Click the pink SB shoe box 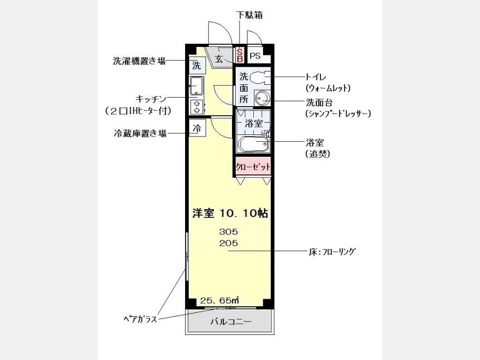click(x=239, y=55)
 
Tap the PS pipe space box click(x=256, y=55)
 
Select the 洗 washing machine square click(x=196, y=66)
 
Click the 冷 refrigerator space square click(x=197, y=128)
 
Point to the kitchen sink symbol click(x=196, y=85)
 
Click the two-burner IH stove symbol click(x=196, y=107)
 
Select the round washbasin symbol click(x=262, y=98)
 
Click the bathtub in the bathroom click(x=253, y=143)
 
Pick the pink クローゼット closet click(x=253, y=166)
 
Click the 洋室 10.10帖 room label click(x=230, y=213)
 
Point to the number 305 click(x=228, y=232)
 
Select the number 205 click(x=228, y=243)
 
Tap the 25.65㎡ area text click(x=220, y=301)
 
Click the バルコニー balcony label click(x=231, y=322)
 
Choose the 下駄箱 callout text click(x=250, y=15)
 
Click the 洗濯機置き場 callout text click(x=139, y=61)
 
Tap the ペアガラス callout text click(x=140, y=319)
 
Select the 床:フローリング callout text click(x=332, y=252)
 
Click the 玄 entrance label click(x=219, y=59)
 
